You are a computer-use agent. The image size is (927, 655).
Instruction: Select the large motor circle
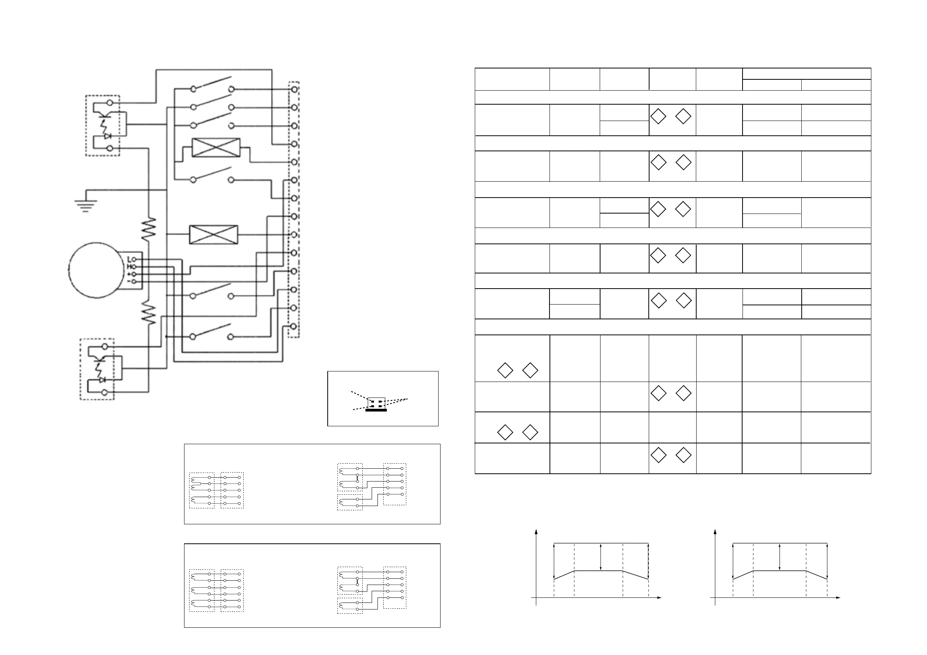(x=96, y=270)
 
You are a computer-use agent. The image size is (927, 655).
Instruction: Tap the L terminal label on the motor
(x=129, y=259)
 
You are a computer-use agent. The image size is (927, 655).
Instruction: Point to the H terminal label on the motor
(x=129, y=267)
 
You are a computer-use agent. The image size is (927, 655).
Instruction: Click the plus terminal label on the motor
(x=129, y=274)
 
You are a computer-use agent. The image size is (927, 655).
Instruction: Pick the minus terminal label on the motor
(x=129, y=281)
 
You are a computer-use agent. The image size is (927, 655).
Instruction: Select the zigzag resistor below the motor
(x=149, y=314)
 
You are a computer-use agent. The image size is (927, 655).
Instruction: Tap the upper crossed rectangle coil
(x=216, y=148)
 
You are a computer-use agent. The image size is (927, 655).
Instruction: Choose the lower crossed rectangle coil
(x=214, y=235)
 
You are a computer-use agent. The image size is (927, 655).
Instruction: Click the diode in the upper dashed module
(x=107, y=137)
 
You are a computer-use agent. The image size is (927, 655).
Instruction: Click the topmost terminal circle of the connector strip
(x=294, y=89)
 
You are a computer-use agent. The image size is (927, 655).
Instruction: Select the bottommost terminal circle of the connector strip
(x=294, y=326)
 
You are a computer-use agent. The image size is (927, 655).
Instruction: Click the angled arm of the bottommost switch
(x=212, y=330)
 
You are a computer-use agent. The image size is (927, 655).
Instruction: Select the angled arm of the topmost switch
(x=213, y=82)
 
